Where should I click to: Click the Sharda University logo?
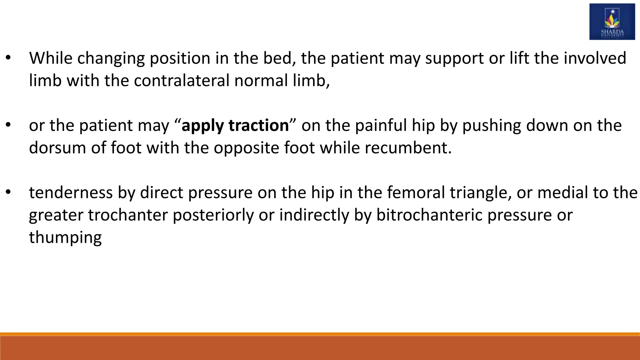click(x=612, y=22)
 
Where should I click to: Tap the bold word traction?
click(x=258, y=126)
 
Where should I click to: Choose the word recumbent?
click(x=408, y=148)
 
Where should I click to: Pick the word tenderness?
click(x=71, y=193)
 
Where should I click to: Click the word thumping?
click(x=65, y=238)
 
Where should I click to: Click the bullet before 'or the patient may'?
click(x=8, y=126)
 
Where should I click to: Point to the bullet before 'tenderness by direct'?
click(x=8, y=193)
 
